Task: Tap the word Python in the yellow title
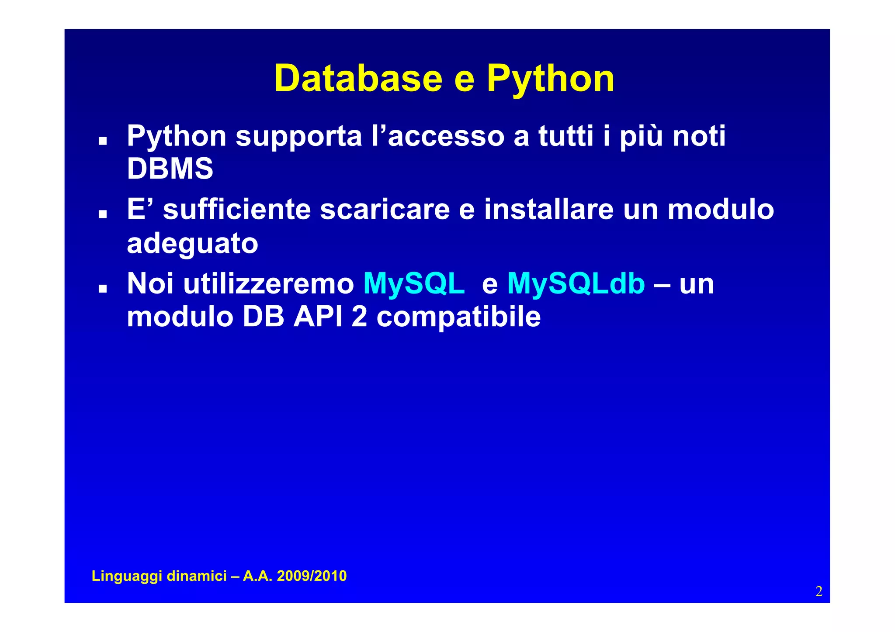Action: pos(551,79)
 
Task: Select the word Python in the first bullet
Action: pos(177,137)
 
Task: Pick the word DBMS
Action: pos(170,169)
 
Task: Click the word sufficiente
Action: pos(236,209)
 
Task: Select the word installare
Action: pos(549,209)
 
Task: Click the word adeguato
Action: pos(192,244)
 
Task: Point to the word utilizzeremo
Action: pos(268,284)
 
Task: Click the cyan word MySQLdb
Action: pos(576,284)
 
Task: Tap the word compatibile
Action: pos(458,318)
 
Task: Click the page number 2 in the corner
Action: pos(819,591)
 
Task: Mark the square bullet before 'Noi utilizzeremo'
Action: pos(103,289)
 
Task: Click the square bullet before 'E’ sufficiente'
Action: pos(103,214)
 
